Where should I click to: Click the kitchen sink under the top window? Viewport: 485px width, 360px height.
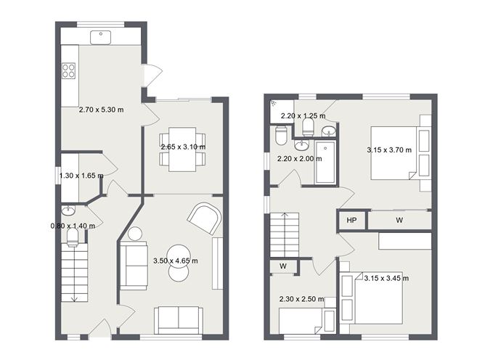pos(99,36)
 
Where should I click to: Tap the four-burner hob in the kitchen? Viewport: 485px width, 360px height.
pos(69,70)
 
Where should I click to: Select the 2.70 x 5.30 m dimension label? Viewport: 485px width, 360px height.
pos(101,110)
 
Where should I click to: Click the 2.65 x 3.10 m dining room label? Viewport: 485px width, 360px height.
pos(183,147)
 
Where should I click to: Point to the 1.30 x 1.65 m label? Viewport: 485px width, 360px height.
pos(81,176)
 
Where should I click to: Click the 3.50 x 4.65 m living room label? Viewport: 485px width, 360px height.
pos(175,261)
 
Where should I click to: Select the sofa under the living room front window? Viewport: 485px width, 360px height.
pos(179,319)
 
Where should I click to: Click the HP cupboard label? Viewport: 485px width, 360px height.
pos(351,220)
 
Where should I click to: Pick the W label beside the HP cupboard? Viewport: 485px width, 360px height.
pos(399,220)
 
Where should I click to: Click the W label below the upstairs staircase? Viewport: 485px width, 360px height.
pos(283,266)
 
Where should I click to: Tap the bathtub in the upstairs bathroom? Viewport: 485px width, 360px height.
pos(327,163)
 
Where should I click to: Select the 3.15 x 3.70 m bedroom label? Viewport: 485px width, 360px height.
pos(390,150)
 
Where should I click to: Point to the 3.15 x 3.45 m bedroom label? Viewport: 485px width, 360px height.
pos(386,278)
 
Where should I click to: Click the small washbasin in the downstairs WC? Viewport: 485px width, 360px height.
pos(68,211)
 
